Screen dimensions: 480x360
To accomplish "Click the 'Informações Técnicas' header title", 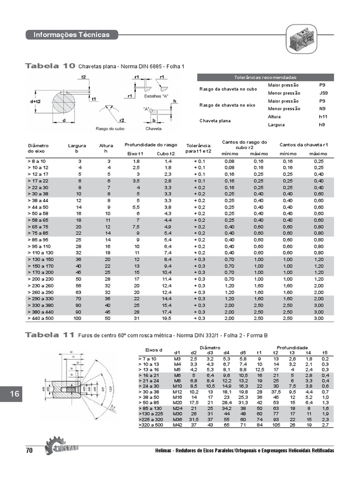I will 71,35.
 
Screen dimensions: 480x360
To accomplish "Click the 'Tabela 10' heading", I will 50,66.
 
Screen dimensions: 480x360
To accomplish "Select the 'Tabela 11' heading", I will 50,335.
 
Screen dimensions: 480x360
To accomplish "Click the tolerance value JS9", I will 322,93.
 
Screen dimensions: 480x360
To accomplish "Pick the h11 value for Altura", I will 322,116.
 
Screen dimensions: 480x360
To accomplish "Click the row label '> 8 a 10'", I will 37,161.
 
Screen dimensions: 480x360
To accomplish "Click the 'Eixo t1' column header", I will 135,154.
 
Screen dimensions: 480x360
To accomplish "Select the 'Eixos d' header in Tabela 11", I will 154,350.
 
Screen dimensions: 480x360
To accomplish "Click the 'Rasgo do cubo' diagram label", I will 110,128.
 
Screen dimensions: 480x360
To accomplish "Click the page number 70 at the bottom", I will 29,450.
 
